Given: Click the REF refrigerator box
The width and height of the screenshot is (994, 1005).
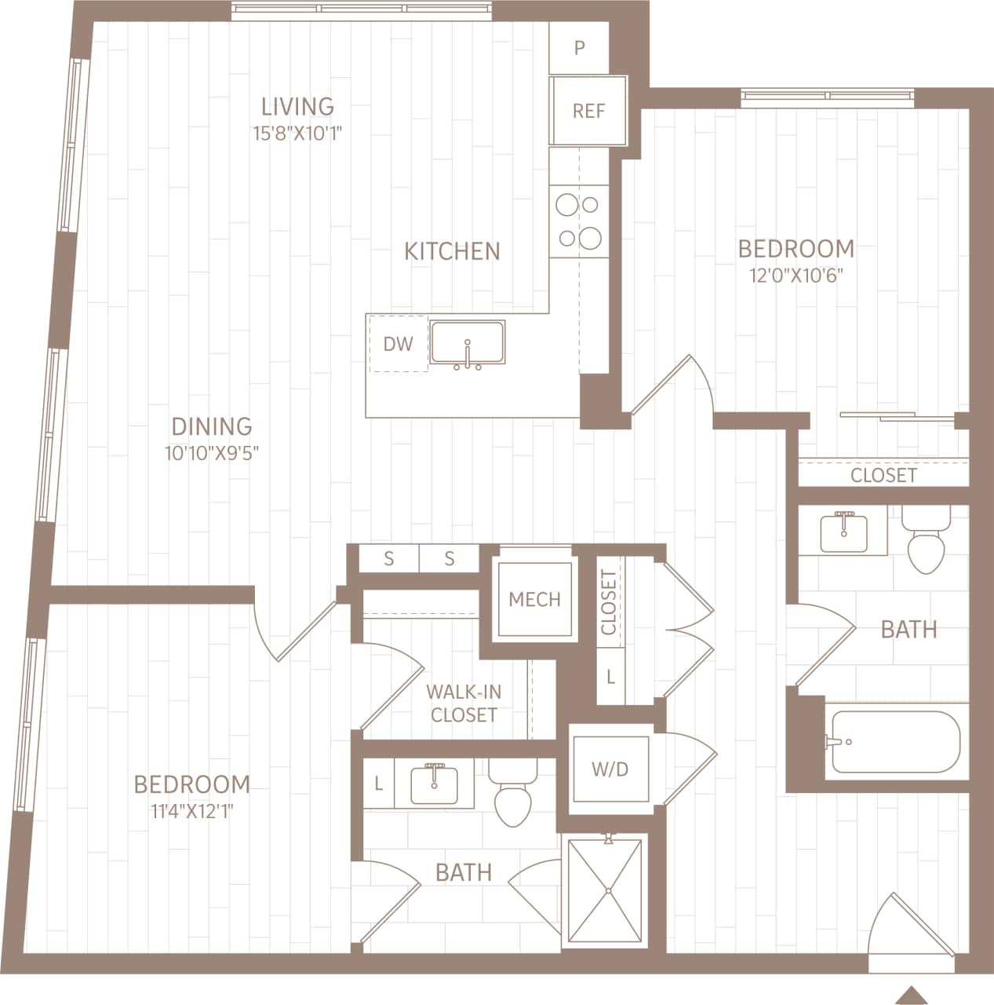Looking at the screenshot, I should (588, 111).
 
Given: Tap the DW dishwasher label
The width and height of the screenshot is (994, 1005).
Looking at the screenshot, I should (398, 344).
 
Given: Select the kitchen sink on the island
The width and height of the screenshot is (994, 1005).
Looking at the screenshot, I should (468, 344).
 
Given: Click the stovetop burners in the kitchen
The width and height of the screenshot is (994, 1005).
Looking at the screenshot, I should (578, 220).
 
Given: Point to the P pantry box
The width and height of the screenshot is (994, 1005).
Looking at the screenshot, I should (579, 48).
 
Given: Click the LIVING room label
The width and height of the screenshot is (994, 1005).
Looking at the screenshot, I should (297, 106).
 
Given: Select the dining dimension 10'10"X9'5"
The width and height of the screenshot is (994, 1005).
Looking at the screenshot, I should (212, 452).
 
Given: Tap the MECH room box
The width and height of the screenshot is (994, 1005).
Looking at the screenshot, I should (534, 600).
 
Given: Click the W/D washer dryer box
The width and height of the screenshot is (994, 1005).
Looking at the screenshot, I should (610, 769).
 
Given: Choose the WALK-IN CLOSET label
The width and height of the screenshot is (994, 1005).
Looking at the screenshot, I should (464, 703).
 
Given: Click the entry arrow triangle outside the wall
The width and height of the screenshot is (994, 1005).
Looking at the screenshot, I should (910, 994).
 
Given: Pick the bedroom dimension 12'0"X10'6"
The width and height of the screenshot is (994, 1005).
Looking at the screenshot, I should (796, 276).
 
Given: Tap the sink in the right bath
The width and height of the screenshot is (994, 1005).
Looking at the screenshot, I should (843, 532).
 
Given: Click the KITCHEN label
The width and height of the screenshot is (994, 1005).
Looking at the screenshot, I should (452, 250).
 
